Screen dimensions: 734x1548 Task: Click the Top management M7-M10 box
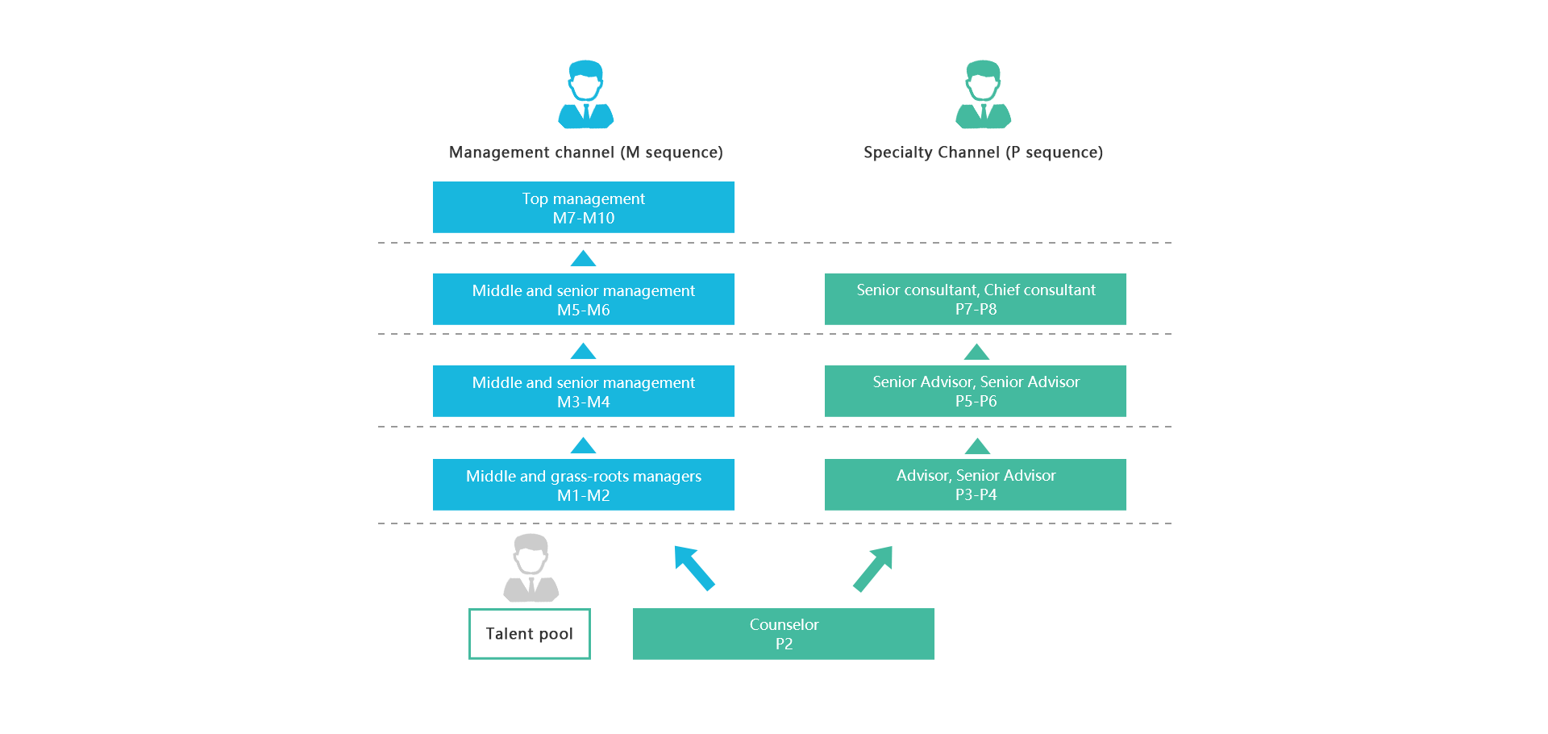[584, 207]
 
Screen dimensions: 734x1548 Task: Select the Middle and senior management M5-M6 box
[584, 299]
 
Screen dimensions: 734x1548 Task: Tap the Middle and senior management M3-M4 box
[584, 391]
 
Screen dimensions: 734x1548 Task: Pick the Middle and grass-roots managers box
[584, 485]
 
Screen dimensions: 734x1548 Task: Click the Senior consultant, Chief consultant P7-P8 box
[976, 299]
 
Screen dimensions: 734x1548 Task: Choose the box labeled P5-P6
[976, 391]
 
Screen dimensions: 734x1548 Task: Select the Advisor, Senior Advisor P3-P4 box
[976, 485]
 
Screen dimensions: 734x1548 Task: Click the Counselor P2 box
[784, 634]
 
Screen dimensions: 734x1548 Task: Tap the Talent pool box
[530, 634]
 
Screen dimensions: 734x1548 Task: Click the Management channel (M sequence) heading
[586, 152]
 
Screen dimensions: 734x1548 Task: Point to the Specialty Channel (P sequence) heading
[983, 152]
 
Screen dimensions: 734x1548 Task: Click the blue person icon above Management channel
[586, 94]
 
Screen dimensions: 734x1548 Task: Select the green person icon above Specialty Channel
[983, 94]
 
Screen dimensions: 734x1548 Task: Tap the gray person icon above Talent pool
[531, 568]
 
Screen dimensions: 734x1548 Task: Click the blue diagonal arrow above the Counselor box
[693, 567]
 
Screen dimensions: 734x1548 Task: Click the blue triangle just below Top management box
[583, 259]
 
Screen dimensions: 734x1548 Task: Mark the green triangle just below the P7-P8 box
[976, 352]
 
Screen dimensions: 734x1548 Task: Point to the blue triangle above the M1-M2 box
[583, 446]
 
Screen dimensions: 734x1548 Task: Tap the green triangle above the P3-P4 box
[977, 446]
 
